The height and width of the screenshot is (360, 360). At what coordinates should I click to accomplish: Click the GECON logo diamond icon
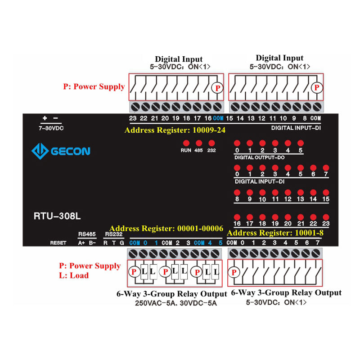click(x=40, y=151)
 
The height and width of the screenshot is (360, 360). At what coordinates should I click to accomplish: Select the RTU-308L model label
click(x=57, y=216)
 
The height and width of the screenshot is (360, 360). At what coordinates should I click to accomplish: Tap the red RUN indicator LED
click(x=186, y=142)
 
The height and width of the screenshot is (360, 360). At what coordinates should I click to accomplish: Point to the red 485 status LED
click(x=198, y=142)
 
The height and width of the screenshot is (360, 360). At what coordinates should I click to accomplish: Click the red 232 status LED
click(x=211, y=142)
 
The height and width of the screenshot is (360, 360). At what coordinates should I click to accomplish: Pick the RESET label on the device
click(x=58, y=243)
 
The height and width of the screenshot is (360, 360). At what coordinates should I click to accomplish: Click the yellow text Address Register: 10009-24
click(x=175, y=130)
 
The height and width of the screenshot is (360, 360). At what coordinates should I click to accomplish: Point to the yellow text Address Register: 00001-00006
click(x=166, y=228)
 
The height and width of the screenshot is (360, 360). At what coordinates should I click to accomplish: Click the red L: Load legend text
click(x=74, y=275)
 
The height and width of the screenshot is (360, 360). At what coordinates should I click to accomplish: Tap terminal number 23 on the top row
click(x=132, y=118)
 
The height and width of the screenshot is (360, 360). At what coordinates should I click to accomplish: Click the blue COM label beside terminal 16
click(x=218, y=118)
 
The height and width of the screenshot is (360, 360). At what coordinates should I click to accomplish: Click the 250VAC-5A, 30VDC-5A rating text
click(x=176, y=303)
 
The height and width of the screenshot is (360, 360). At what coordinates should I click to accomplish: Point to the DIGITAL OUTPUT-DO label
click(x=260, y=157)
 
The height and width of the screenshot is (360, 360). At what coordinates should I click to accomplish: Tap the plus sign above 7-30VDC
click(x=45, y=119)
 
